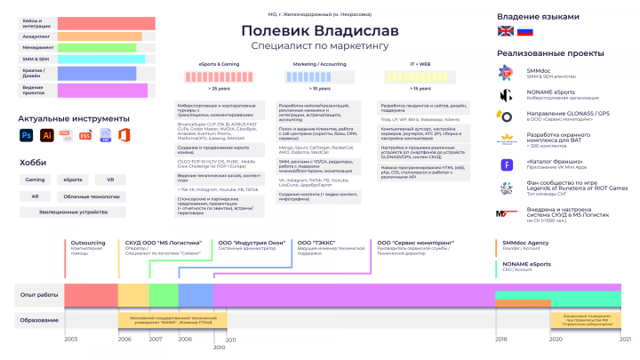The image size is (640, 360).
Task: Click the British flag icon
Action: [505, 31]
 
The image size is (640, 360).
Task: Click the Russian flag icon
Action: [524, 31]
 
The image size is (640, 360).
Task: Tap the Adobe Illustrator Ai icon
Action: [46, 135]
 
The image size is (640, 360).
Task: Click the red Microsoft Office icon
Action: [124, 135]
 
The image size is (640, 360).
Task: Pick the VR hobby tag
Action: [111, 180]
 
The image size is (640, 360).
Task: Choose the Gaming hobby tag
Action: [35, 180]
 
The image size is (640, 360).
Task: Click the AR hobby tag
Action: [35, 196]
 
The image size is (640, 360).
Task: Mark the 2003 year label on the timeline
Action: [71, 340]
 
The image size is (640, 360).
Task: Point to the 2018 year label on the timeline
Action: [500, 340]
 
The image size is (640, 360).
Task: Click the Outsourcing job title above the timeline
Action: [88, 242]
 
